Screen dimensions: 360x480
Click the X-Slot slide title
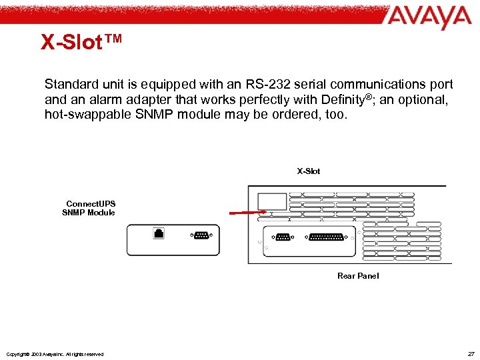pyautogui.click(x=81, y=42)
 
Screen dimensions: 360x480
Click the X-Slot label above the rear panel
pyautogui.click(x=309, y=171)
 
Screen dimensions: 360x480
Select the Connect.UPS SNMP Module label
pyautogui.click(x=89, y=208)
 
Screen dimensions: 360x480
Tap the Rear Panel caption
pyautogui.click(x=358, y=276)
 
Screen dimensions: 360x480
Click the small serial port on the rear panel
pyautogui.click(x=284, y=238)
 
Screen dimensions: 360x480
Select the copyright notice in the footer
pyautogui.click(x=54, y=354)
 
